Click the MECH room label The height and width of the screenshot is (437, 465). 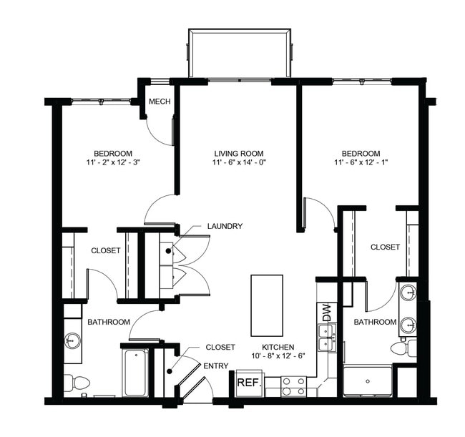(160, 102)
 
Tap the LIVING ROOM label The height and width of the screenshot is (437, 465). (239, 153)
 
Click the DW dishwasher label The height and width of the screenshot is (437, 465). (327, 312)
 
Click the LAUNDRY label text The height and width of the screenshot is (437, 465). (225, 226)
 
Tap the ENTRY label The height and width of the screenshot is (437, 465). (215, 366)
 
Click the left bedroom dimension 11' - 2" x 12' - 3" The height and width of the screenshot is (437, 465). (113, 163)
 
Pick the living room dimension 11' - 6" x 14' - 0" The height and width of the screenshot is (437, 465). (239, 163)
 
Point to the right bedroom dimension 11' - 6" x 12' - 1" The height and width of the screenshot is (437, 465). (360, 163)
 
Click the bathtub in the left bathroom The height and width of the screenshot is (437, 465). (135, 372)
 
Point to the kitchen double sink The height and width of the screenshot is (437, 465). (328, 336)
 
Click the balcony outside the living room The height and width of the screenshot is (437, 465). (240, 54)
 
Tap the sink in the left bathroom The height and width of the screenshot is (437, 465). (73, 339)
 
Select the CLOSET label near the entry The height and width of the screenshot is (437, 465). (220, 347)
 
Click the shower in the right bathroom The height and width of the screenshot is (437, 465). (368, 380)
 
